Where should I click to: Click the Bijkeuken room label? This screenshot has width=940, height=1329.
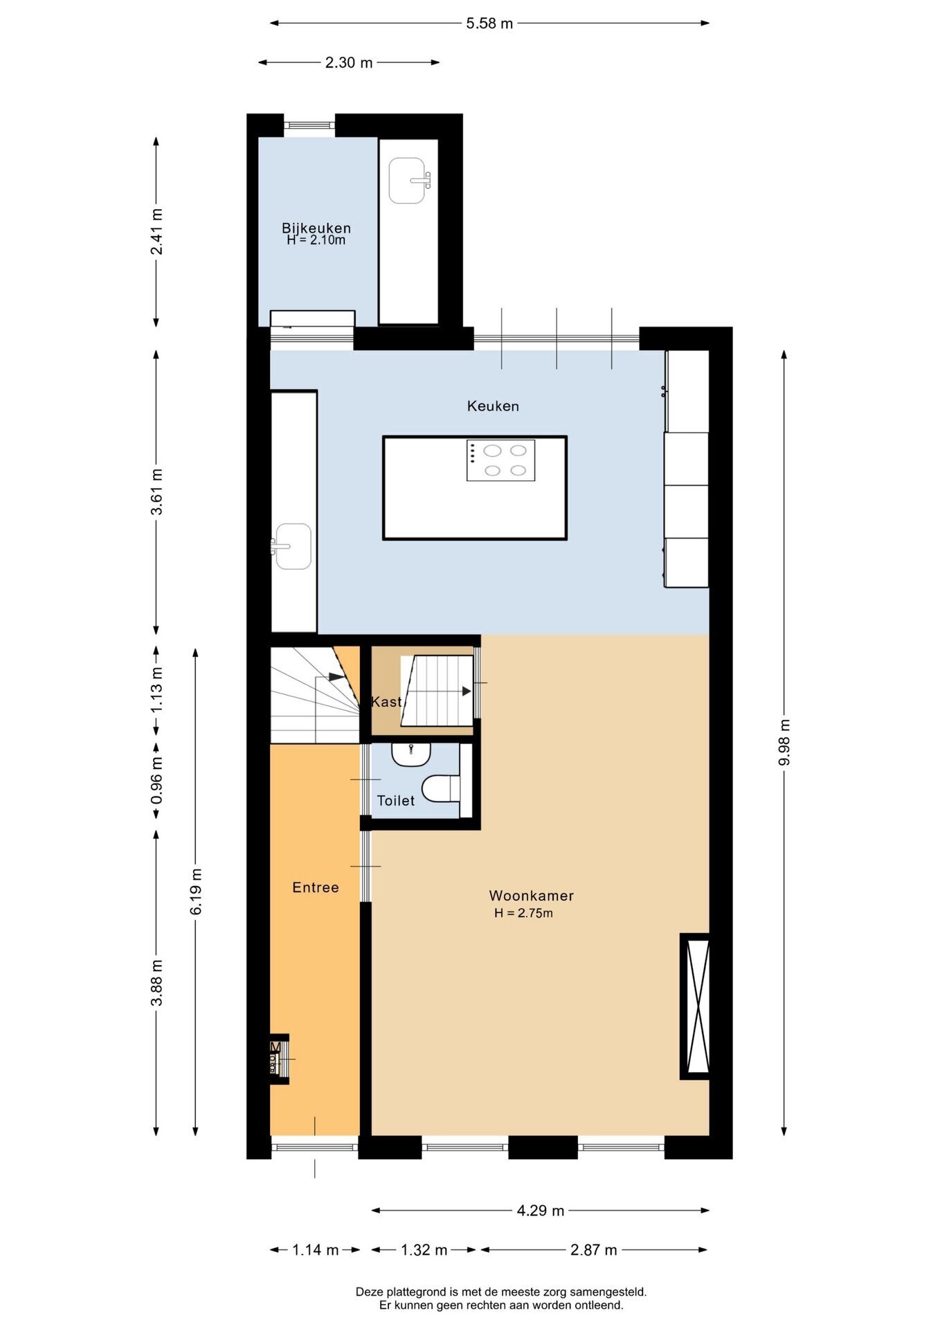[x=316, y=228]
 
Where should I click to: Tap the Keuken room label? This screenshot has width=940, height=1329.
[x=493, y=406]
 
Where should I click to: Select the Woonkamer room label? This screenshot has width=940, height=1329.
[x=531, y=896]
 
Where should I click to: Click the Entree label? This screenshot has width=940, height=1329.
[x=316, y=887]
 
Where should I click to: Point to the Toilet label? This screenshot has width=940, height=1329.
[x=396, y=801]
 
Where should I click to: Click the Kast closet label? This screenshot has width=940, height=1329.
[x=386, y=702]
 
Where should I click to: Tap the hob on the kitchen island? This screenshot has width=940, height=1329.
[x=500, y=460]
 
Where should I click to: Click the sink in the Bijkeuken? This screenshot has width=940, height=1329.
[x=408, y=181]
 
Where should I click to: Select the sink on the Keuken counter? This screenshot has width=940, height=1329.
[x=292, y=546]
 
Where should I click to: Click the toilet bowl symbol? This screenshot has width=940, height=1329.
[x=441, y=788]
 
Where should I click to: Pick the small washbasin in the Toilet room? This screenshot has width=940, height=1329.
[x=411, y=754]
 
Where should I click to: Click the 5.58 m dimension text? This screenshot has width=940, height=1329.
[x=489, y=24]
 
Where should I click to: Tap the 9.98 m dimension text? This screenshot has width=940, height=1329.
[x=784, y=743]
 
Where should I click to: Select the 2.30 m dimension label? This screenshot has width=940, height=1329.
[x=349, y=63]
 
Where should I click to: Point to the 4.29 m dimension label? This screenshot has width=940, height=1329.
[x=541, y=1211]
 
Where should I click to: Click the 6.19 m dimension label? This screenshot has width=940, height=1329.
[x=196, y=892]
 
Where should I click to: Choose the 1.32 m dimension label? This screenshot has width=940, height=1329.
[x=424, y=1250]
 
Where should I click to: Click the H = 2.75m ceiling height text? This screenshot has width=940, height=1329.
[x=523, y=913]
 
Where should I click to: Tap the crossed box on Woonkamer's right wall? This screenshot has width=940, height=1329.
[x=695, y=1006]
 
